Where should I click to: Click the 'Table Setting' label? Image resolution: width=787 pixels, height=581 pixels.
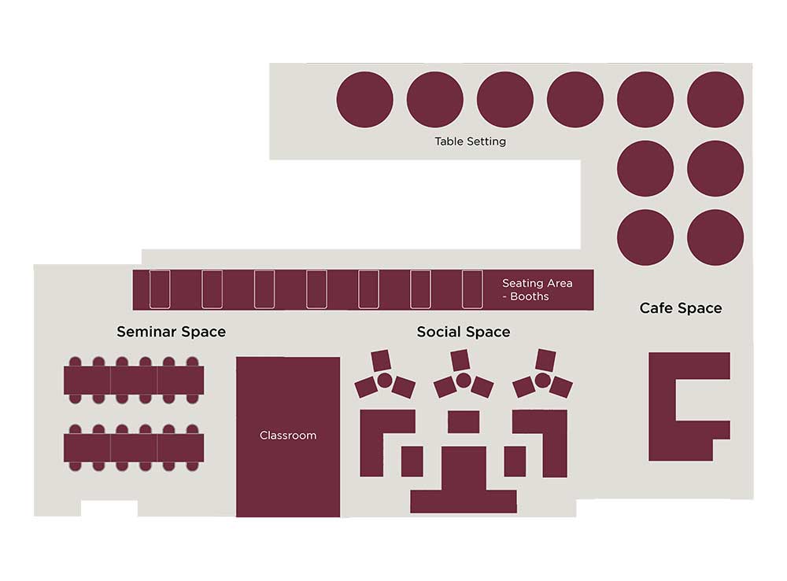(x=471, y=142)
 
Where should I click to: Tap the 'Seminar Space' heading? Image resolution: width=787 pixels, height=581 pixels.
(x=171, y=332)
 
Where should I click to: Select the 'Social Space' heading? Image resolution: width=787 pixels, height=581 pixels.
(x=464, y=332)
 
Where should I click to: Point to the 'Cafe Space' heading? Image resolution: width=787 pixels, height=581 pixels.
(x=681, y=307)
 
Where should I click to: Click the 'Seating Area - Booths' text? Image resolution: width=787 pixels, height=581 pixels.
(x=537, y=290)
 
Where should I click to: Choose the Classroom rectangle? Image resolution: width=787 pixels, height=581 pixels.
(x=288, y=436)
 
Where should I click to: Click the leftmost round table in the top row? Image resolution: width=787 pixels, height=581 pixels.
(x=365, y=99)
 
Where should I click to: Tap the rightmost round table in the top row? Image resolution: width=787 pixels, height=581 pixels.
(x=715, y=99)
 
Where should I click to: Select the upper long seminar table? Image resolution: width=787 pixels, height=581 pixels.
(x=134, y=380)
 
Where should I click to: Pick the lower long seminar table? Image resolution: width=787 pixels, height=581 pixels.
(x=134, y=447)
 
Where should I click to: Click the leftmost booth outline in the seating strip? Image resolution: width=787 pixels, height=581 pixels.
(x=160, y=289)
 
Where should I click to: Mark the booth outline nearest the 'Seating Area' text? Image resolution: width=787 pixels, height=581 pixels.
(x=472, y=289)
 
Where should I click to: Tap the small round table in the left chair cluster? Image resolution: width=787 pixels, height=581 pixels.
(x=385, y=381)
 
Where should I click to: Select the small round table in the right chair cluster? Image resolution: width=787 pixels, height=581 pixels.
(x=542, y=381)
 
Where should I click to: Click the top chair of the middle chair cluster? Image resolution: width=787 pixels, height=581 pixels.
(x=460, y=360)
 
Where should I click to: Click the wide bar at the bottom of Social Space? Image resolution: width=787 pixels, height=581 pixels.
(x=464, y=502)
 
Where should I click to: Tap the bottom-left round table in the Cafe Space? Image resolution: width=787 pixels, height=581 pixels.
(x=645, y=237)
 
